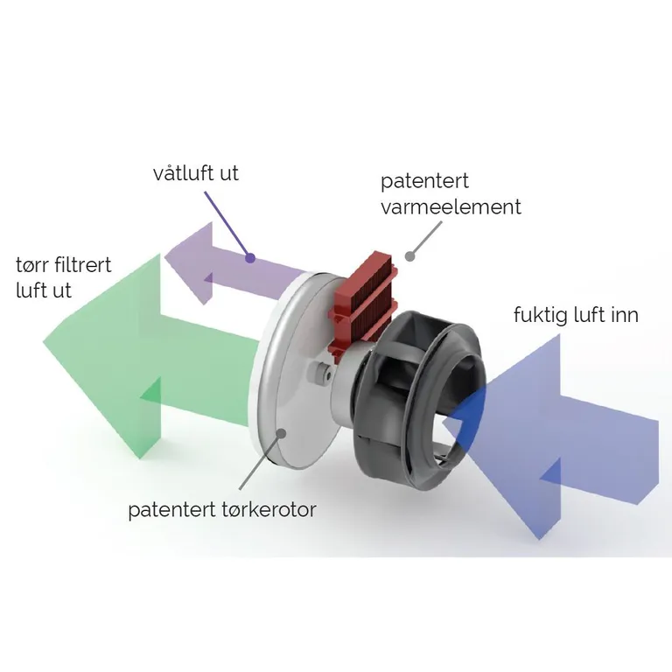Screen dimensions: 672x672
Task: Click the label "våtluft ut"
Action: click(195, 173)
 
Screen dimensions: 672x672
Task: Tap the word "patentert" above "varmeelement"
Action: click(424, 182)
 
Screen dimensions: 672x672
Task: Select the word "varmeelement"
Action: click(450, 207)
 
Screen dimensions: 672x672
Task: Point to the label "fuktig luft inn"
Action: click(575, 315)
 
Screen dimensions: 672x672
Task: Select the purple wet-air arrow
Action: click(219, 262)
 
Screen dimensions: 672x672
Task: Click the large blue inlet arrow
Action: click(560, 437)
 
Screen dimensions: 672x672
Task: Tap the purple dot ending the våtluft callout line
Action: click(250, 258)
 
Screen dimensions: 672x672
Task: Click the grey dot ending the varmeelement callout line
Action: click(408, 255)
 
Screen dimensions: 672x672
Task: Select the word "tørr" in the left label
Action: click(33, 264)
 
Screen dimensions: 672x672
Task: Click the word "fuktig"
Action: click(542, 315)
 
